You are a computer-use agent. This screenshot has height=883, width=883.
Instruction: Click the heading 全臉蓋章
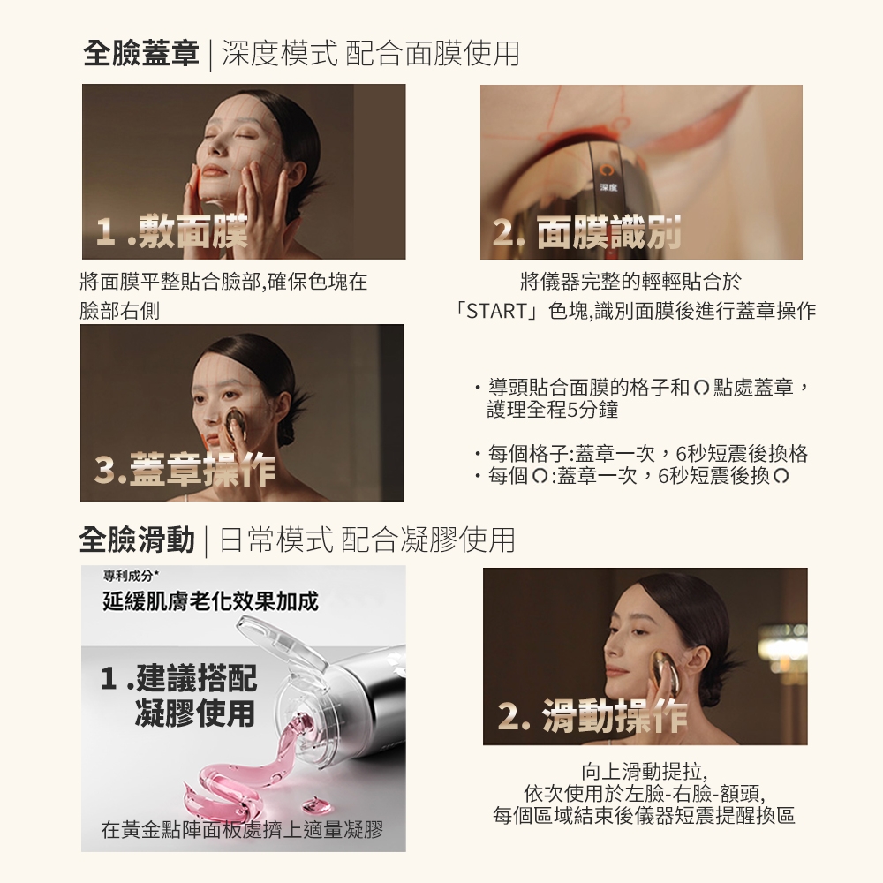pos(140,54)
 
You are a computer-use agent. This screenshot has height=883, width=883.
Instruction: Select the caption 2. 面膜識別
pos(586,233)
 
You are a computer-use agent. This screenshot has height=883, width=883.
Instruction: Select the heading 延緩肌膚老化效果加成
pos(210,602)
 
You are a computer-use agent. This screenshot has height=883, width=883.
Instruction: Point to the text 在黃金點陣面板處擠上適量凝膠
pos(242,829)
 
